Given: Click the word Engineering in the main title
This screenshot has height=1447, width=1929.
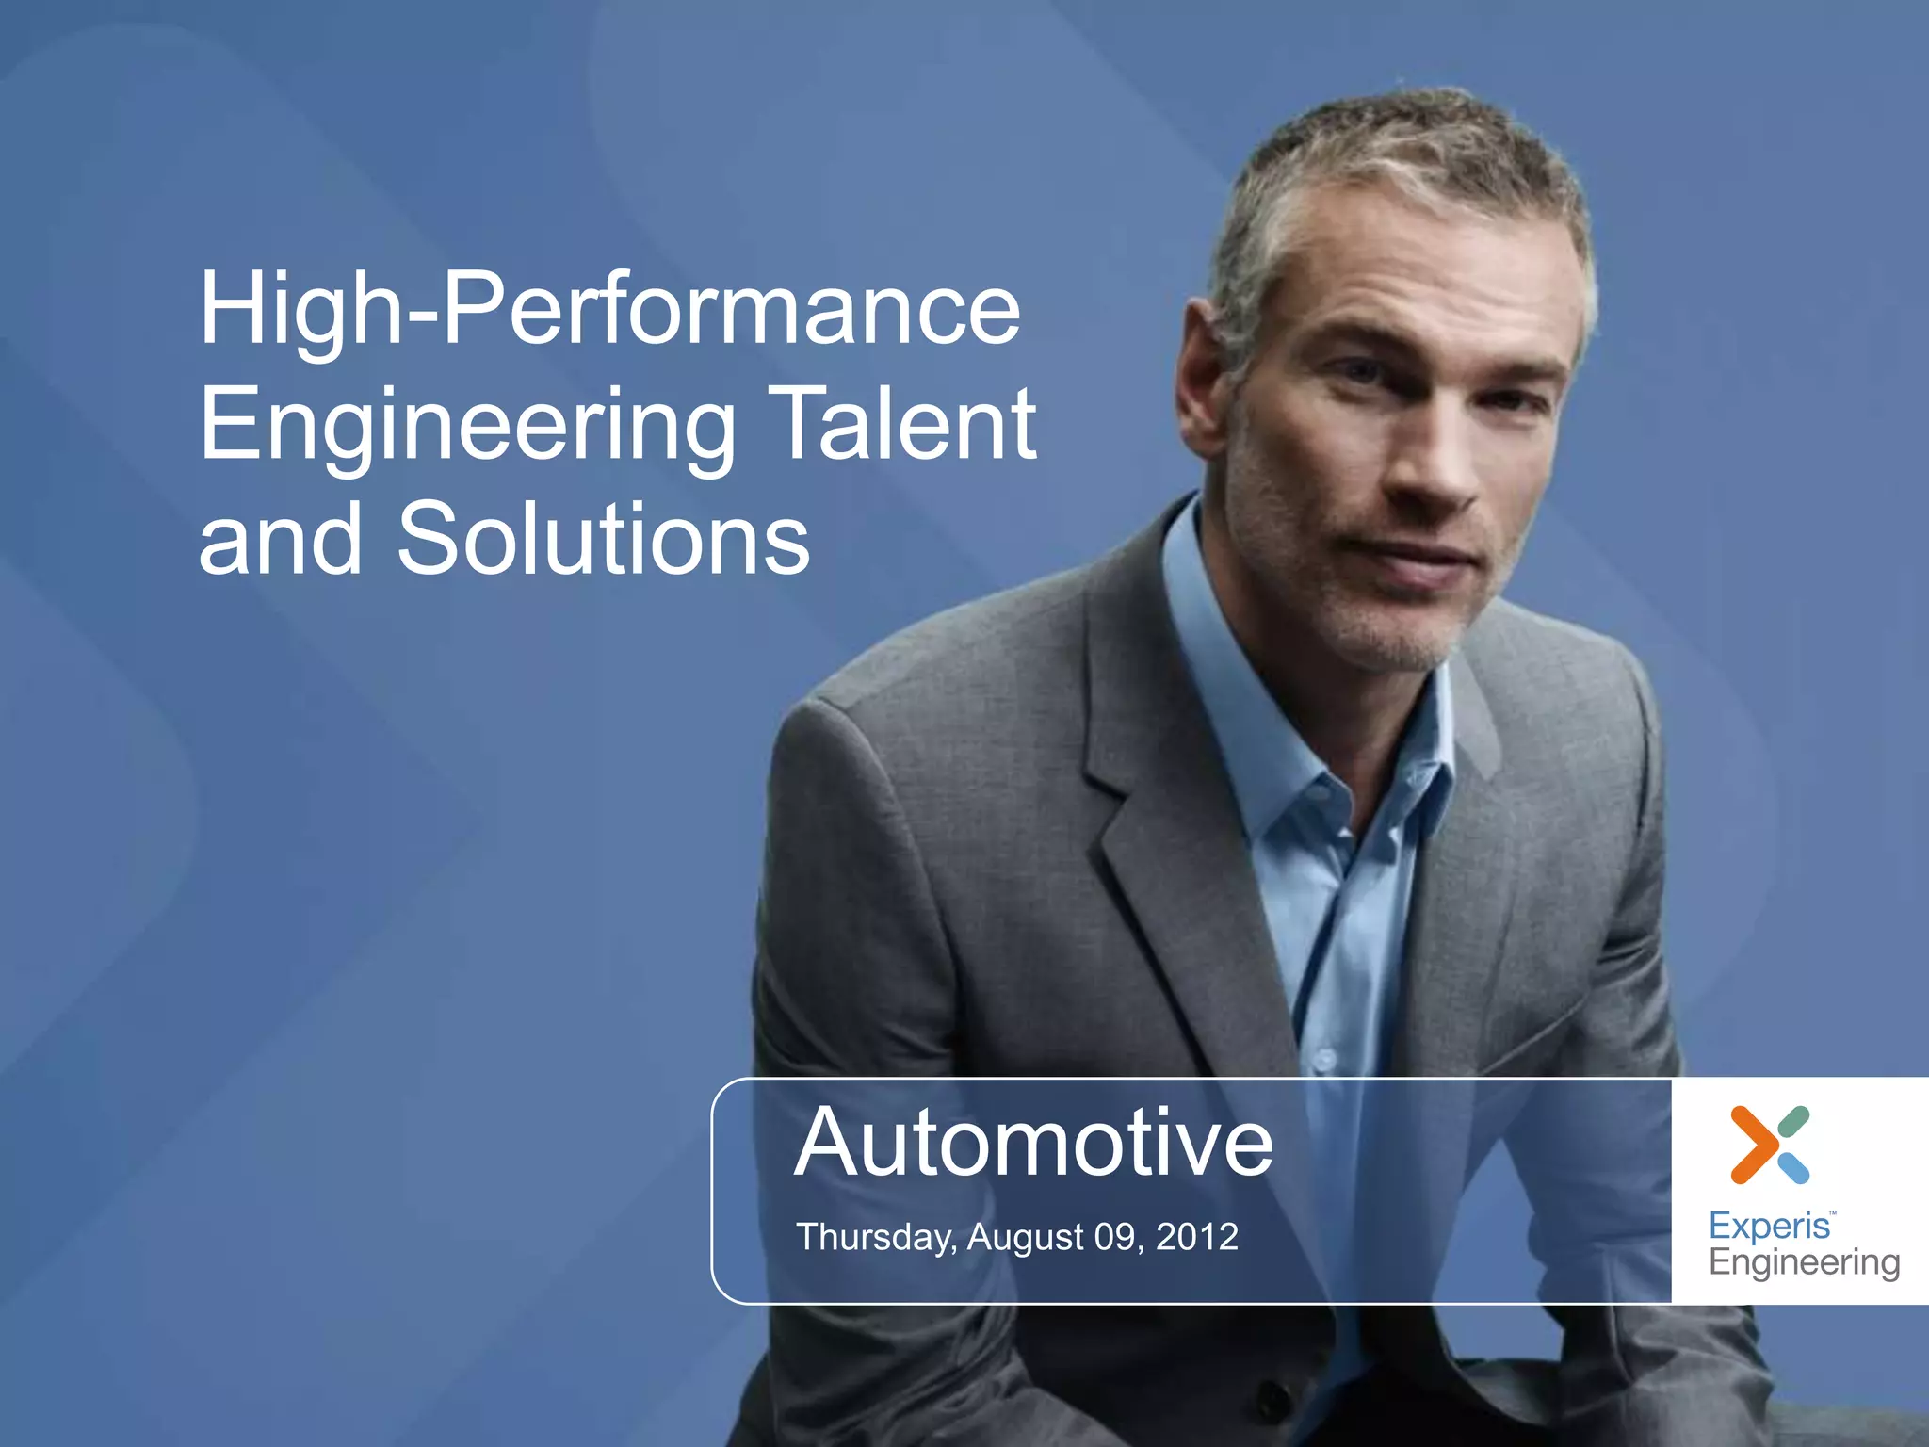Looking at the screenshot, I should pyautogui.click(x=467, y=426).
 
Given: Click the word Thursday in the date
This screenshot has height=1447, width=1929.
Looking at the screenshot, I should pyautogui.click(x=876, y=1237).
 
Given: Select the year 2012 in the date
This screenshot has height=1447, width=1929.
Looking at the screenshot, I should pyautogui.click(x=1196, y=1236).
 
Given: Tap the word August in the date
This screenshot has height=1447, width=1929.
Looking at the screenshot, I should pyautogui.click(x=1026, y=1237).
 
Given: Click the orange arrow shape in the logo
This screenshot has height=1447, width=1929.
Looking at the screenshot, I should pyautogui.click(x=1753, y=1145).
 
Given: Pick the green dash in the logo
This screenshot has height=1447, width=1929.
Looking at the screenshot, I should pyautogui.click(x=1794, y=1120).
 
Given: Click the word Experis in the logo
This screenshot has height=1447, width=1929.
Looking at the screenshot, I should pyautogui.click(x=1769, y=1226).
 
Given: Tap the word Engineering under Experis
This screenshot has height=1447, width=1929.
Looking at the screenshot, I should pyautogui.click(x=1804, y=1262).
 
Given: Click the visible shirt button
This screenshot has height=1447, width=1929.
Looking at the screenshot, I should pyautogui.click(x=1323, y=1060).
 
